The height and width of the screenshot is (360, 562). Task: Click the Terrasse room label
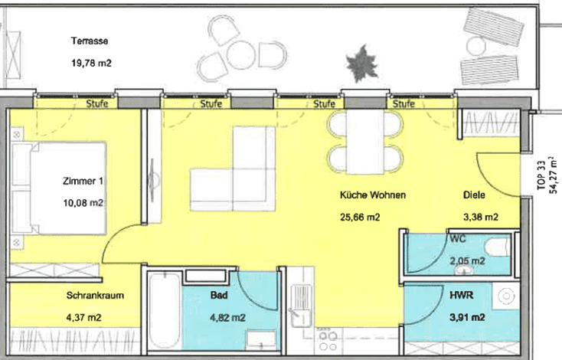click(90, 41)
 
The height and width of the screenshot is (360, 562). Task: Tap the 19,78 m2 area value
click(91, 63)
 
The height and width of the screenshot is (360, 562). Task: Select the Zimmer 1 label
click(83, 181)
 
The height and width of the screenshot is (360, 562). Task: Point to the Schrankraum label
click(96, 296)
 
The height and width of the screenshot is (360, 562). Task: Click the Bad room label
click(219, 295)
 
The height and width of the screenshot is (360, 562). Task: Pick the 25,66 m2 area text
click(360, 218)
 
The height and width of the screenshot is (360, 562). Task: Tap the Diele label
click(474, 195)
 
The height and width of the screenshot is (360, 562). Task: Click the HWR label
click(461, 295)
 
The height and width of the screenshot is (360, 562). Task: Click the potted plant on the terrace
click(362, 64)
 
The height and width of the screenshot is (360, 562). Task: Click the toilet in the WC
click(498, 247)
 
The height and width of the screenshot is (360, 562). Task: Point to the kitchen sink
click(300, 305)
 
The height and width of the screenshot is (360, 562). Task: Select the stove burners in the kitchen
click(328, 341)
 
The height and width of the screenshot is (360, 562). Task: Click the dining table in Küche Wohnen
click(365, 142)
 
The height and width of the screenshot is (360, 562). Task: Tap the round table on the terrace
click(241, 55)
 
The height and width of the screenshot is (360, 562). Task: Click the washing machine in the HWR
click(506, 296)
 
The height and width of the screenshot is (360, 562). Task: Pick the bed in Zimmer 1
click(59, 188)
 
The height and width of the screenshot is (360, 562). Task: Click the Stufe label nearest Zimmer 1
click(96, 103)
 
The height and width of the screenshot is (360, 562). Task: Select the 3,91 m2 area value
click(467, 317)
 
